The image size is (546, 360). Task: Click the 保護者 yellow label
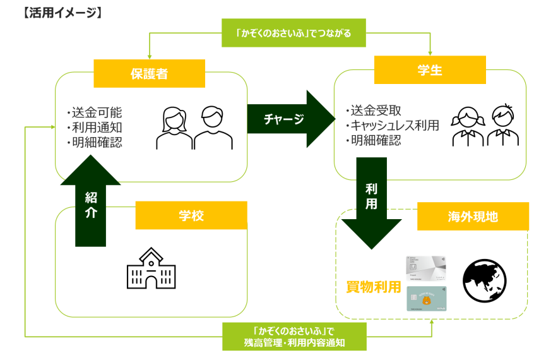click(x=149, y=73)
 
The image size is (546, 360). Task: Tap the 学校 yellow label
click(x=191, y=215)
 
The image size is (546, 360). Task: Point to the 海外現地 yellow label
click(x=472, y=217)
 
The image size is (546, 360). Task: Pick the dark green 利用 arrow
click(x=371, y=201)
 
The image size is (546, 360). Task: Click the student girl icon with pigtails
click(x=467, y=124)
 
